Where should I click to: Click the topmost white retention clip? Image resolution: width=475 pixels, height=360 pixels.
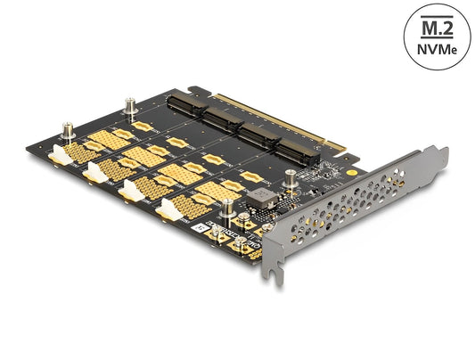[59, 155]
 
